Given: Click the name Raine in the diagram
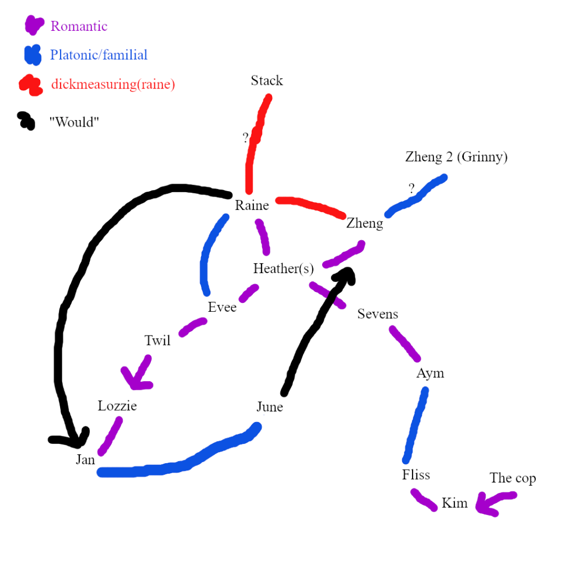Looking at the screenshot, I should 252,205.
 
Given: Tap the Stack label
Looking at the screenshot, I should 267,80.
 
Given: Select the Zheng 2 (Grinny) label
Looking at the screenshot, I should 456,157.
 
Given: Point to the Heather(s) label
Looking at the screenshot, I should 283,269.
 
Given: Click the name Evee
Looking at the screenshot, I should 222,307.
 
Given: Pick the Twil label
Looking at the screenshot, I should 158,340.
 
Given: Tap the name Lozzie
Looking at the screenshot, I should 117,406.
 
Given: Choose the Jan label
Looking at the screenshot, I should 85,460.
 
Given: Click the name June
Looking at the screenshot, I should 270,407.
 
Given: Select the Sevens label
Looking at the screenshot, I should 378,314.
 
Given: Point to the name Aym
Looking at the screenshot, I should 430,373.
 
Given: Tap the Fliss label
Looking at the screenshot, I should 416,475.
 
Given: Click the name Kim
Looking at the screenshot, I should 454,503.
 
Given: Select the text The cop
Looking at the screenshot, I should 512,478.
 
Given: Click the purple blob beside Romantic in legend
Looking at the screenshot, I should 35,25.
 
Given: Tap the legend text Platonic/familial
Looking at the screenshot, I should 99,55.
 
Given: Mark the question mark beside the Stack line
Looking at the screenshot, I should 246,138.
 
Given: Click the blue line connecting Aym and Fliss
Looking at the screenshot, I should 416,425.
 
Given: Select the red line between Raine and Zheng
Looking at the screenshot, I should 311,207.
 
